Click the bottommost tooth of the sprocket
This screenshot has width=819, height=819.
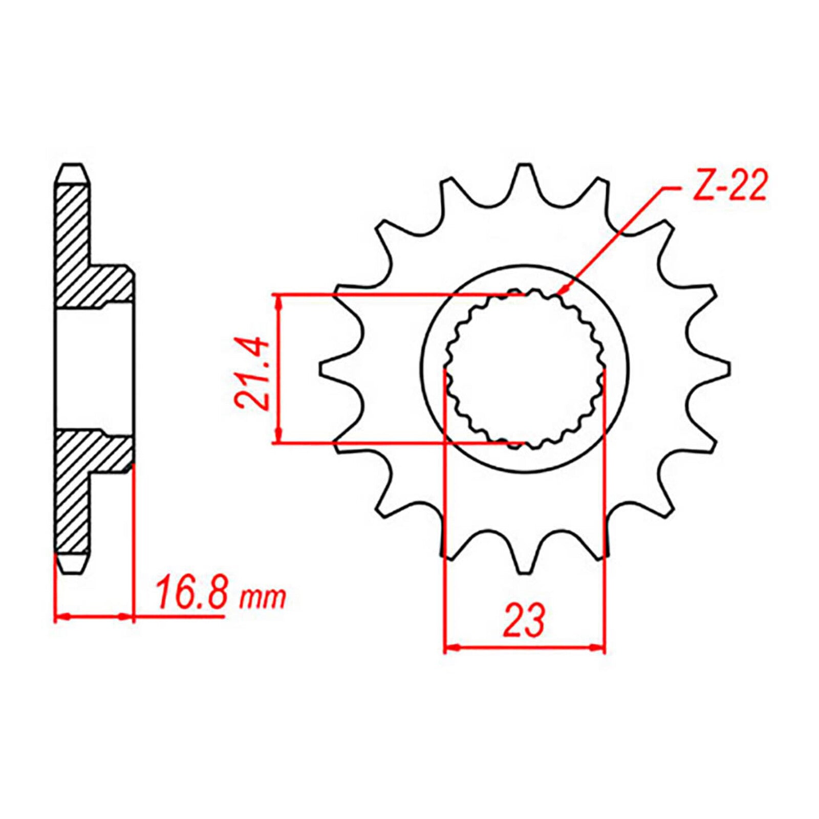[x=524, y=563]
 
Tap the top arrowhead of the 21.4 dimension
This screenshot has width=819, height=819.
[x=278, y=302]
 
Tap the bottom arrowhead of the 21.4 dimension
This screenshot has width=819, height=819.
[x=278, y=436]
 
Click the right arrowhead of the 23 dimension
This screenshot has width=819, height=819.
[x=599, y=648]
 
